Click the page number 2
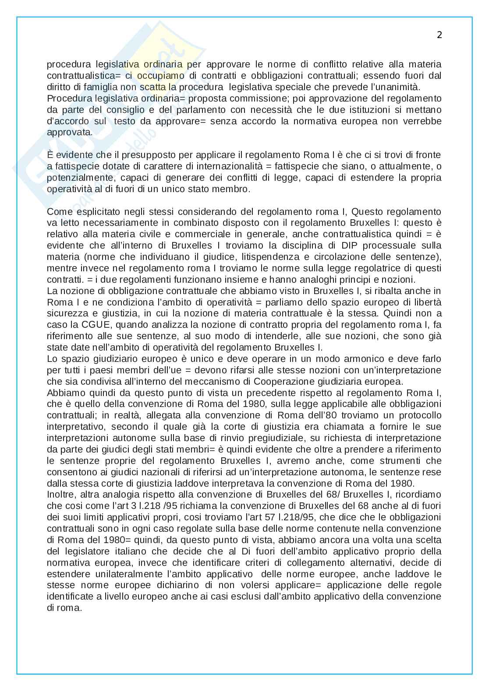(x=439, y=35)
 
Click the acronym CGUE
(x=93, y=325)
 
